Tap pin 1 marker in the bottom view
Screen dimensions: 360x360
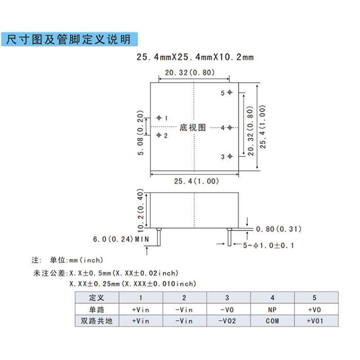(x=159, y=118)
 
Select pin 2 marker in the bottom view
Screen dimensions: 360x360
(x=159, y=135)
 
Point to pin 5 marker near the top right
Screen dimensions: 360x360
(x=229, y=93)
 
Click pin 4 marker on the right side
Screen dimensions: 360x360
(x=229, y=128)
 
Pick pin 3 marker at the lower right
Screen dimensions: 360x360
(x=229, y=156)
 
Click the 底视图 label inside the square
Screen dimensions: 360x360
(x=193, y=128)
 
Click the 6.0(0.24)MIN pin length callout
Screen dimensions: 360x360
(x=121, y=239)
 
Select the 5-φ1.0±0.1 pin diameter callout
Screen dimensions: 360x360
(x=268, y=245)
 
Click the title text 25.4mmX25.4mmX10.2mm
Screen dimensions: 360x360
(x=195, y=58)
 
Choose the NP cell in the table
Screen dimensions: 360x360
(x=272, y=309)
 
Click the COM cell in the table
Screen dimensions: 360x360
(x=272, y=320)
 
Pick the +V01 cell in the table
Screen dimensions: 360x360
(x=315, y=320)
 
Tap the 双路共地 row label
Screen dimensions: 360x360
(x=97, y=320)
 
